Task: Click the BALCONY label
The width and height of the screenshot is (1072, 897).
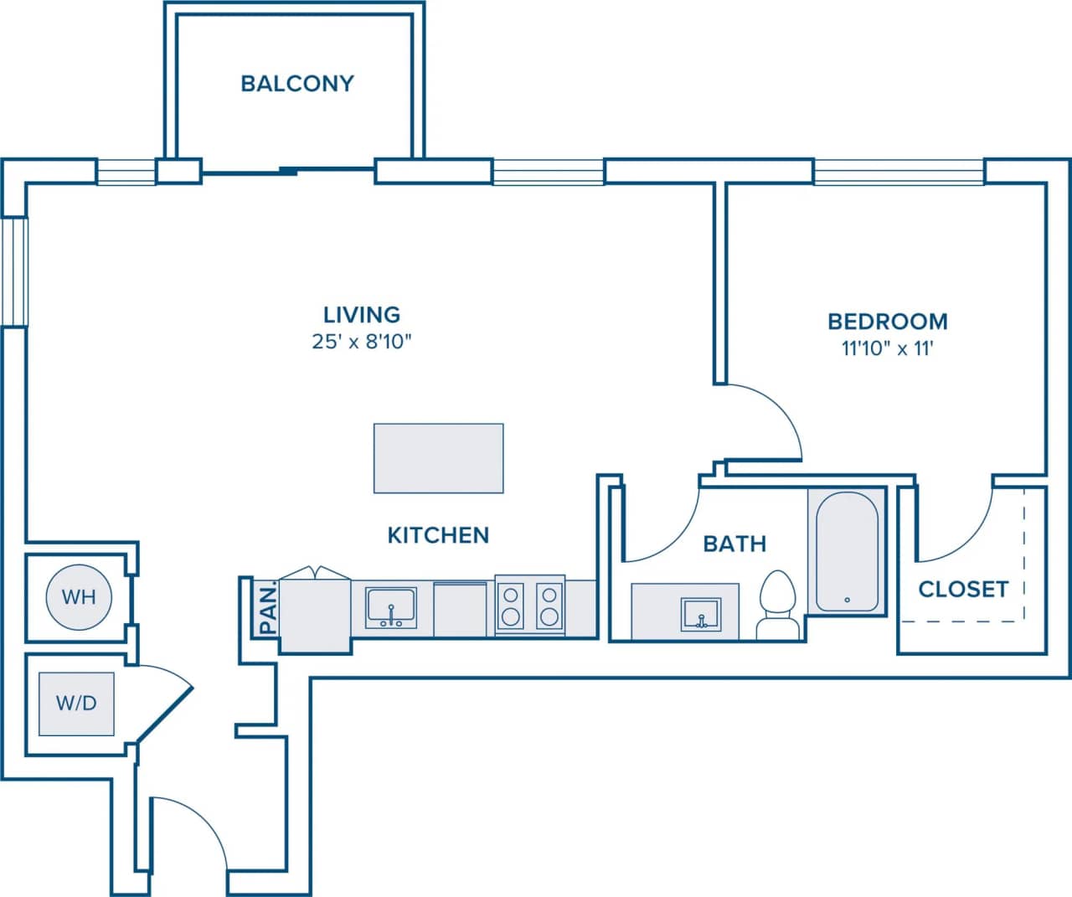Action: click(x=296, y=84)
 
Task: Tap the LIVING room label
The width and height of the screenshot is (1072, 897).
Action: click(x=362, y=315)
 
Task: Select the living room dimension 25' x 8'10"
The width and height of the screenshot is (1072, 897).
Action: click(x=362, y=342)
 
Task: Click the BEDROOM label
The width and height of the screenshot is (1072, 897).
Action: click(x=887, y=322)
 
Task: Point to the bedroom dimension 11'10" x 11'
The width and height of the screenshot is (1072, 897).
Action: click(x=887, y=348)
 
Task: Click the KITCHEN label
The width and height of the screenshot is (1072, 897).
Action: click(x=438, y=535)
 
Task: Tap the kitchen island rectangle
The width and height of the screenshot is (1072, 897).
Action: click(x=438, y=458)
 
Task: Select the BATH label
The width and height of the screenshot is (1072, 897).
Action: click(x=734, y=544)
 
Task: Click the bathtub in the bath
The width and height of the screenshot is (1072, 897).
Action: click(x=847, y=551)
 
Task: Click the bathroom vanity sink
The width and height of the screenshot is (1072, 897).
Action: click(x=699, y=613)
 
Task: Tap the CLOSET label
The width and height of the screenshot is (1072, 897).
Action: click(x=962, y=590)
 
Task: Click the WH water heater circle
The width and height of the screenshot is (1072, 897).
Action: click(x=79, y=597)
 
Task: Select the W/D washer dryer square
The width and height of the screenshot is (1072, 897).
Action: click(x=76, y=704)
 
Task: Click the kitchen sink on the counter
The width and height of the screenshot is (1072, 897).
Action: click(x=390, y=608)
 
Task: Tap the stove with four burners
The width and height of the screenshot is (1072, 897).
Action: click(x=529, y=606)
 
